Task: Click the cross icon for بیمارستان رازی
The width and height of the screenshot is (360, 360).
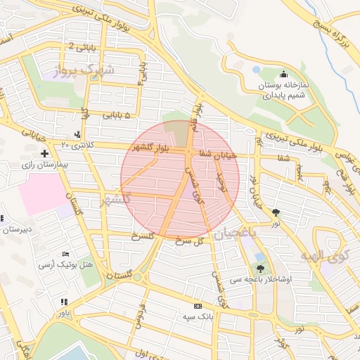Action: tap(45, 153)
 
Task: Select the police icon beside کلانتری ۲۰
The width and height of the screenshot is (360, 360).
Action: tap(77, 134)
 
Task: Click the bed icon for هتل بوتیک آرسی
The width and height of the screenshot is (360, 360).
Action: tap(66, 254)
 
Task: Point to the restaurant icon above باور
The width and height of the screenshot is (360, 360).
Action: tap(64, 302)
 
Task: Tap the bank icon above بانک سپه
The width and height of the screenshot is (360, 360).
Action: tap(198, 306)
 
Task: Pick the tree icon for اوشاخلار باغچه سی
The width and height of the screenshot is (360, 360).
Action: tap(261, 268)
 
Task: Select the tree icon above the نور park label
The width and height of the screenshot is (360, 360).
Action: tap(276, 212)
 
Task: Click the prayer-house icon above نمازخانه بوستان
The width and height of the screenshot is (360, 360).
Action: tap(283, 74)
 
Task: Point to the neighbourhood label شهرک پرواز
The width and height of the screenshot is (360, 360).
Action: tap(87, 70)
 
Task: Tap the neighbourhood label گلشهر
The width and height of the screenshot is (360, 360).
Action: tap(117, 200)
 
